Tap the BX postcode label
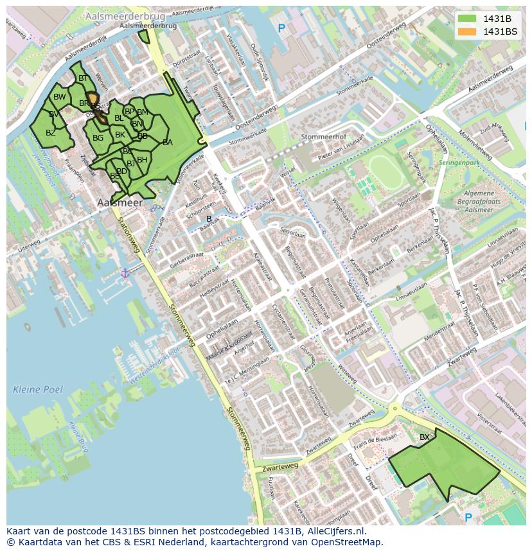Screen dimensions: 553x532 [x=424, y=437]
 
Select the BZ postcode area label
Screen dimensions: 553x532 [x=50, y=133]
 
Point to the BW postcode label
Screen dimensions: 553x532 [x=59, y=97]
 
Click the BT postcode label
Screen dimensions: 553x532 [x=82, y=78]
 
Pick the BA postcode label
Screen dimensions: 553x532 [x=167, y=143]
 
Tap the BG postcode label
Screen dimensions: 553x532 [x=98, y=138]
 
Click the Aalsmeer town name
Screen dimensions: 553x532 [x=120, y=202]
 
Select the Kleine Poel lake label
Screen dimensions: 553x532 [x=38, y=389]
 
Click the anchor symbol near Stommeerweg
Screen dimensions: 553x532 [x=125, y=274]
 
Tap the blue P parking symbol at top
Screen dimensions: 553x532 [x=281, y=28]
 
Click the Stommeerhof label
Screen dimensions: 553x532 [x=323, y=137]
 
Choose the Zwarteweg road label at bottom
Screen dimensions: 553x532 [x=280, y=467]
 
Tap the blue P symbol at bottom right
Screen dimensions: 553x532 [x=468, y=518]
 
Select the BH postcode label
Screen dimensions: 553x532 [x=142, y=160]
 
